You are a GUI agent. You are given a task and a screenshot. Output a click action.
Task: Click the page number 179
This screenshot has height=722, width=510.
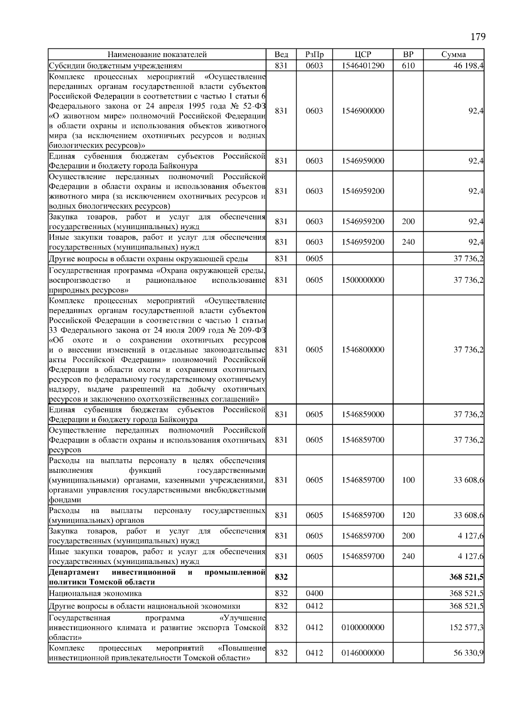(478, 37)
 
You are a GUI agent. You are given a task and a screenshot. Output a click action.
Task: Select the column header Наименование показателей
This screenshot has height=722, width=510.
(157, 54)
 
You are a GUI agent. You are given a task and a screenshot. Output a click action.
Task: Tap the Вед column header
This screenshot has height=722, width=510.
(281, 54)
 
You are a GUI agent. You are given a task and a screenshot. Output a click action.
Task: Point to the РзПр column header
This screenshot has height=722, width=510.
(314, 54)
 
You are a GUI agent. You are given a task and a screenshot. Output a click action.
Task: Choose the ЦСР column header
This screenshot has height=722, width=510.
(363, 54)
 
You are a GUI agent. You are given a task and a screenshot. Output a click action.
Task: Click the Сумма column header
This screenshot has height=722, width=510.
(453, 54)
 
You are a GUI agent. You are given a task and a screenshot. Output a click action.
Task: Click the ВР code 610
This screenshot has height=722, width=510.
(408, 65)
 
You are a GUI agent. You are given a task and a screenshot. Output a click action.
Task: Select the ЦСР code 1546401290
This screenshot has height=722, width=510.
(363, 65)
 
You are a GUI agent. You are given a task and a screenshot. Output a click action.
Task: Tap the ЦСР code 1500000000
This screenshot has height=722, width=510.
(363, 280)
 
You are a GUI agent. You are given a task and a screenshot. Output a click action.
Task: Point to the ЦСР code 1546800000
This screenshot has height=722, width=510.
(363, 350)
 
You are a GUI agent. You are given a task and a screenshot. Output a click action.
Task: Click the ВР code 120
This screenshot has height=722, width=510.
(408, 515)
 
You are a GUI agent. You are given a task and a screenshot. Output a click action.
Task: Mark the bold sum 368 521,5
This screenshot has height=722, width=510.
(466, 577)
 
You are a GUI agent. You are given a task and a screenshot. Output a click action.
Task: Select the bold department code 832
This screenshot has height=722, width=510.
(281, 577)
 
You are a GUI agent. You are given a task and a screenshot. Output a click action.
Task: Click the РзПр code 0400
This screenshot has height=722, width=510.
(314, 593)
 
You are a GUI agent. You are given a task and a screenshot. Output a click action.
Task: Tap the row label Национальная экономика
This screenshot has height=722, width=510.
(96, 593)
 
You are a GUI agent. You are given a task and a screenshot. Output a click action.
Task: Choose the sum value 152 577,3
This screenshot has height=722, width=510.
(466, 628)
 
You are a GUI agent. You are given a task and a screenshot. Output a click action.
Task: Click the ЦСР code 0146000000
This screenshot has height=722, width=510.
(363, 653)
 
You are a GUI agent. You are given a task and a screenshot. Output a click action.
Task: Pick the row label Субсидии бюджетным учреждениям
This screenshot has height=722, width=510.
(116, 66)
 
